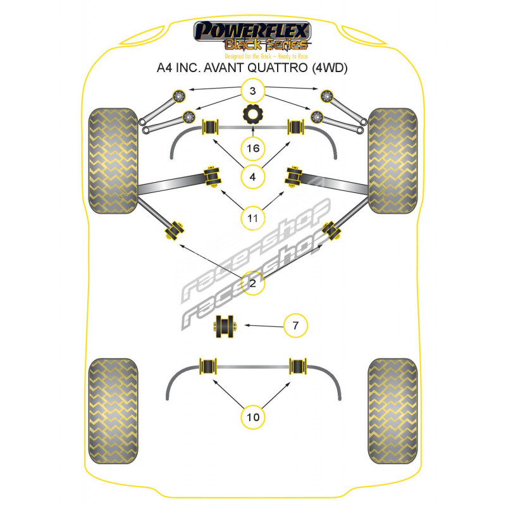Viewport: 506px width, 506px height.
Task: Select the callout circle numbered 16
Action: (253, 149)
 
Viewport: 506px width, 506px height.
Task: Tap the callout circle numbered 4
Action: (253, 177)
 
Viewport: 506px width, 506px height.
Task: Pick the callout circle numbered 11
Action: (253, 219)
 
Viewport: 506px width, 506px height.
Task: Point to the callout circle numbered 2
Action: (253, 284)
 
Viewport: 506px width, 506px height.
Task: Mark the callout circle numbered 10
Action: (253, 417)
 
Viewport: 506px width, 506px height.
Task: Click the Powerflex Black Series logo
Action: (253, 35)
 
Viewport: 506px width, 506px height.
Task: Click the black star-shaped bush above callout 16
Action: (253, 116)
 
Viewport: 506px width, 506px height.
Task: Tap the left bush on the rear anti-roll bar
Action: (208, 367)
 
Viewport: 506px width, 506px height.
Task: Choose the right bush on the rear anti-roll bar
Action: (297, 367)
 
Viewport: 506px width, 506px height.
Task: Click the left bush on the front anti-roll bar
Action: (209, 127)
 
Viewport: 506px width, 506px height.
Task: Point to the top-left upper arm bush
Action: (178, 96)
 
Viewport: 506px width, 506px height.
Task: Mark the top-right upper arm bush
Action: (327, 96)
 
